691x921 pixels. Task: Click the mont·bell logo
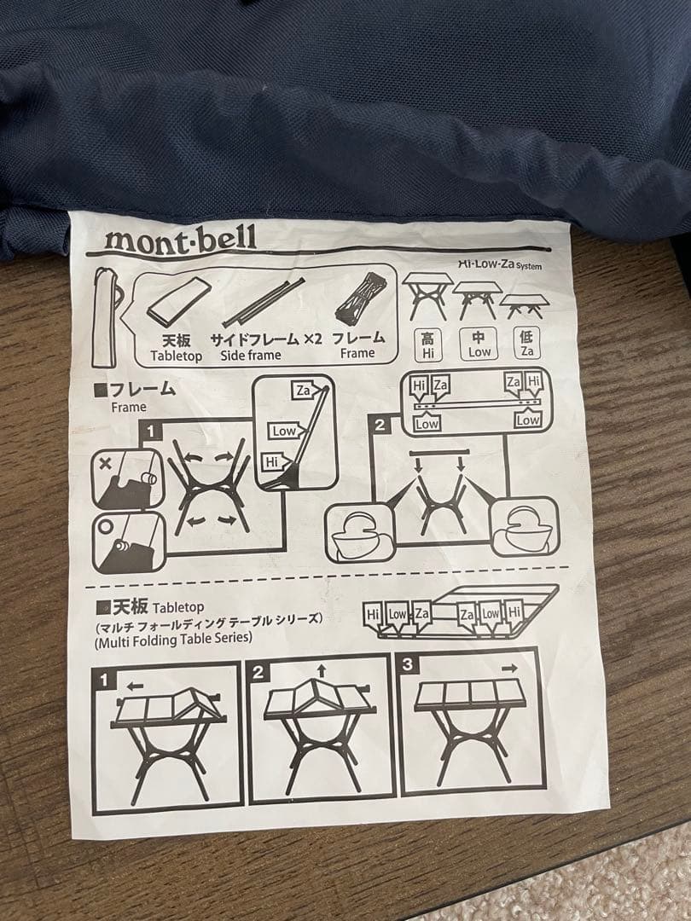pyautogui.click(x=179, y=238)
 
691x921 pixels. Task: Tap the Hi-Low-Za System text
pyautogui.click(x=499, y=264)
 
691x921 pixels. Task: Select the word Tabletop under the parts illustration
pyautogui.click(x=177, y=356)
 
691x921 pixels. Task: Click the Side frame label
pyautogui.click(x=250, y=355)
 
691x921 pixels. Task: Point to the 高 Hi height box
pyautogui.click(x=427, y=344)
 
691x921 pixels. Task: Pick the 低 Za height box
pyautogui.click(x=526, y=343)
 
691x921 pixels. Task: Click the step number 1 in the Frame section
pyautogui.click(x=151, y=432)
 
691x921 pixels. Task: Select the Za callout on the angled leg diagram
pyautogui.click(x=303, y=391)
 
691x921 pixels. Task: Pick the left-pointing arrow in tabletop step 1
pyautogui.click(x=132, y=684)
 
